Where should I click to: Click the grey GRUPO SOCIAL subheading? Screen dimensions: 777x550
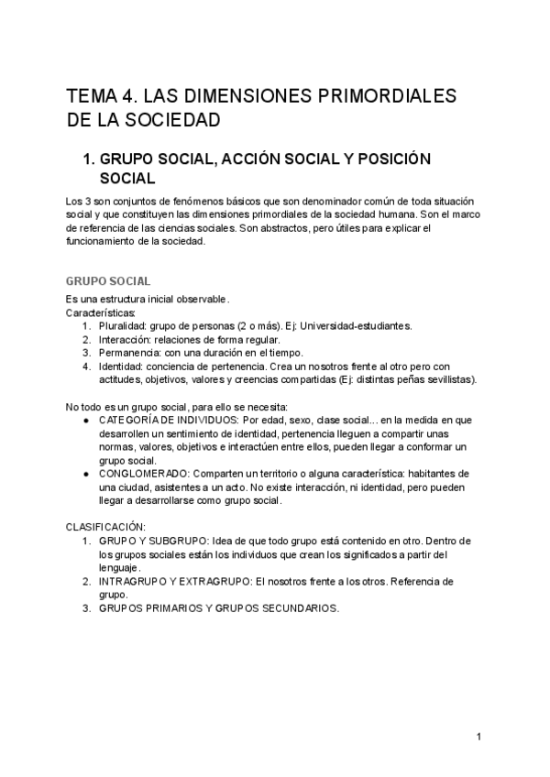click(x=108, y=281)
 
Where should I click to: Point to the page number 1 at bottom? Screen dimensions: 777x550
click(x=478, y=737)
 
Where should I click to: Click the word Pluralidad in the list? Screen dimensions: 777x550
click(x=121, y=325)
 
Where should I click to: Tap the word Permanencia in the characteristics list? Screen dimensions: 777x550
click(x=129, y=353)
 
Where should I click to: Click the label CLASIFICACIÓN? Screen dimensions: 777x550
click(x=105, y=527)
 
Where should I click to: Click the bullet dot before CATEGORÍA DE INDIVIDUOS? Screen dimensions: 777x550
click(x=85, y=420)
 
